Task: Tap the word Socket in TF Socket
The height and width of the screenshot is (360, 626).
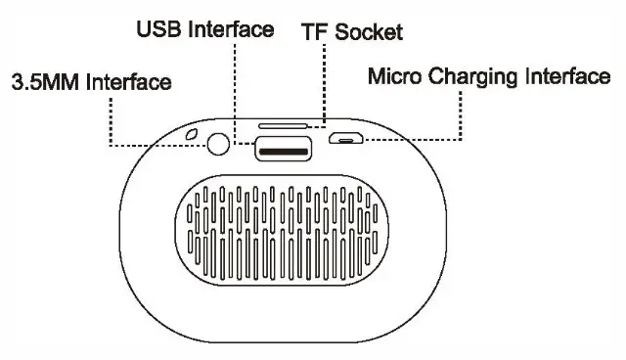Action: point(368,31)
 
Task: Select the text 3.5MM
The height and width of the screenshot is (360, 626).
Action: point(46,82)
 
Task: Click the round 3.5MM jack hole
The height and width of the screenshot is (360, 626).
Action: point(219,145)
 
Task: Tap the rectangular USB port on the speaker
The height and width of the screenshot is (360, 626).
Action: point(284,149)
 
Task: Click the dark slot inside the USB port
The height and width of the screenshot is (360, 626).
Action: point(284,150)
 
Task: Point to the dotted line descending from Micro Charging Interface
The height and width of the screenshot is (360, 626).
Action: point(460,112)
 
